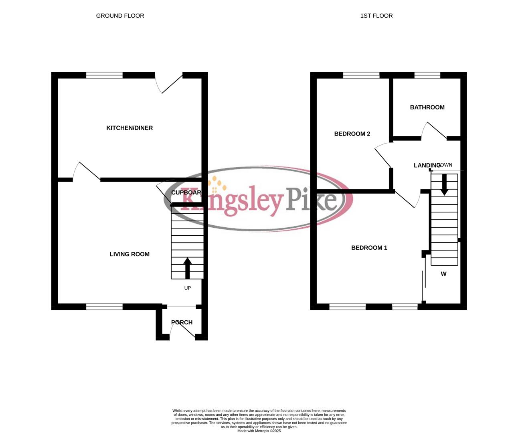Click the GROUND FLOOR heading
pyautogui.click(x=120, y=16)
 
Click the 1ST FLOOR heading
pyautogui.click(x=376, y=16)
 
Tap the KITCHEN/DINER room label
pyautogui.click(x=129, y=128)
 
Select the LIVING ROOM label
pyautogui.click(x=129, y=254)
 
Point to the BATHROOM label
pyautogui.click(x=427, y=107)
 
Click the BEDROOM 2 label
pyautogui.click(x=352, y=134)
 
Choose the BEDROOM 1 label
pyautogui.click(x=369, y=248)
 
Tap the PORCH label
pyautogui.click(x=182, y=322)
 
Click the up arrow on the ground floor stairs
pyautogui.click(x=187, y=268)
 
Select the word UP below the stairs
pyautogui.click(x=187, y=288)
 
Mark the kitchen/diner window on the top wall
pyautogui.click(x=104, y=75)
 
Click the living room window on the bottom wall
pyautogui.click(x=104, y=307)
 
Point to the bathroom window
pyautogui.click(x=427, y=75)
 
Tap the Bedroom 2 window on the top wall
pyautogui.click(x=361, y=75)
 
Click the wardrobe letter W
pyautogui.click(x=443, y=274)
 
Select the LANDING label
pyautogui.click(x=426, y=166)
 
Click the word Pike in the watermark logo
pyautogui.click(x=311, y=198)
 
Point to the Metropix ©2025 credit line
pyautogui.click(x=259, y=431)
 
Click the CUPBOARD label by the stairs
pyautogui.click(x=186, y=192)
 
